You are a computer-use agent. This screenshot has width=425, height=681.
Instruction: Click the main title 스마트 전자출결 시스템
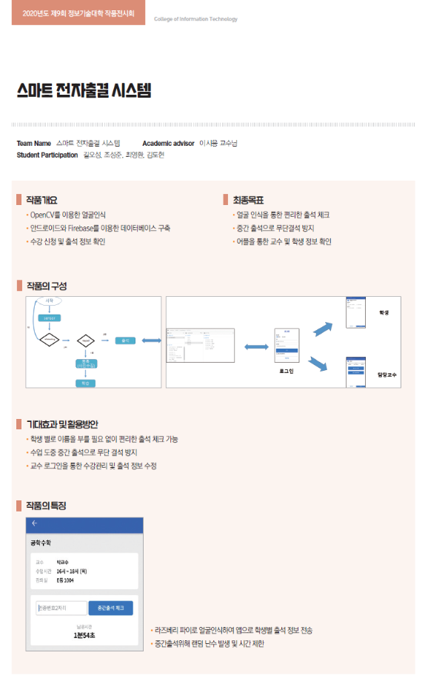[x=84, y=91]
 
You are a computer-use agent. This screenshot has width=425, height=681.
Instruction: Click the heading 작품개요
[x=41, y=200]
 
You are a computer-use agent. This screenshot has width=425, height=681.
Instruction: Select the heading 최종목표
[x=248, y=200]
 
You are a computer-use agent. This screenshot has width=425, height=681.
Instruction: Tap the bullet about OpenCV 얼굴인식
[x=68, y=215]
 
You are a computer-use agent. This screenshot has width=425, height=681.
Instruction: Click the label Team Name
[x=33, y=143]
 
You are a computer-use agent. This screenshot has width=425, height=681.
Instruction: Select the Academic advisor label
[x=168, y=143]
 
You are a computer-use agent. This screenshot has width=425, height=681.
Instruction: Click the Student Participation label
[x=47, y=155]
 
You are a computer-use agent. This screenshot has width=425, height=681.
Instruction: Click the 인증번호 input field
[x=61, y=608]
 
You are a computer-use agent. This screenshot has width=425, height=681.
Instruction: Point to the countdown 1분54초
[x=84, y=635]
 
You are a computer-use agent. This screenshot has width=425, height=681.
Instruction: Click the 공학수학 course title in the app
[x=41, y=543]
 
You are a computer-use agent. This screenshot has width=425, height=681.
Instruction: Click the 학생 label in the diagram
[x=384, y=313]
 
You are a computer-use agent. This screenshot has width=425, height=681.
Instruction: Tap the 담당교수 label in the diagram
[x=386, y=375]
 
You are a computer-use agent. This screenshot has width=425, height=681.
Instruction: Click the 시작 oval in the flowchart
[x=50, y=301]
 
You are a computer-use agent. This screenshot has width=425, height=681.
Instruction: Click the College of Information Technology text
[x=195, y=19]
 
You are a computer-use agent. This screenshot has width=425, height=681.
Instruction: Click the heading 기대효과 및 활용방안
[x=62, y=423]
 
